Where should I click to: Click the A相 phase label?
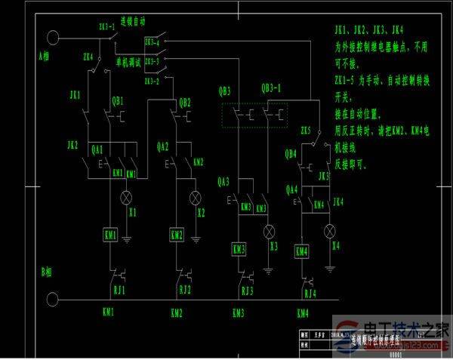(48, 56)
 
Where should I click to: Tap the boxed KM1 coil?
(110, 236)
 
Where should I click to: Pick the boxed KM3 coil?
(239, 249)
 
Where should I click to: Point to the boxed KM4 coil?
(301, 251)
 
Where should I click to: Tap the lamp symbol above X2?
(196, 198)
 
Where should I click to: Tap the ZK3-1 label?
(108, 26)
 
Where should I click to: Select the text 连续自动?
(144, 26)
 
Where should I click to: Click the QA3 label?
(223, 181)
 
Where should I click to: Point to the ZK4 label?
(88, 56)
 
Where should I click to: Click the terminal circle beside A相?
(54, 37)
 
